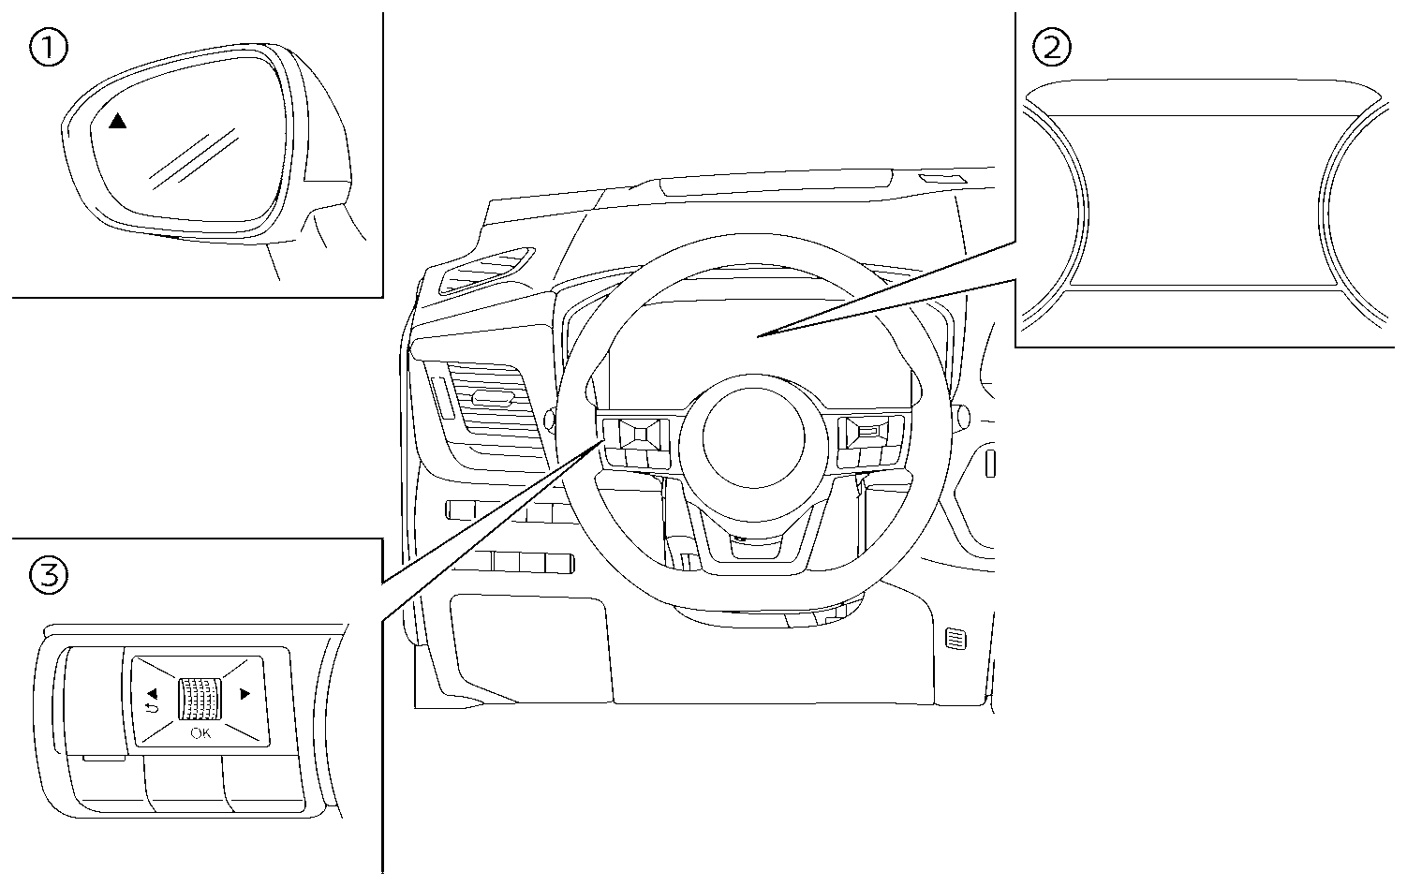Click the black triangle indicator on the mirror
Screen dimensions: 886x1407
[x=116, y=121]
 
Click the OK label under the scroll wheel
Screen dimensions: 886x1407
[x=200, y=733]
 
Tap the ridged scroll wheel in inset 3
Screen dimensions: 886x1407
[x=200, y=699]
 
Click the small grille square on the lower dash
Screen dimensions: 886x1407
[x=955, y=640]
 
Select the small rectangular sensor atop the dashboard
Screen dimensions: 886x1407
[x=941, y=179]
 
